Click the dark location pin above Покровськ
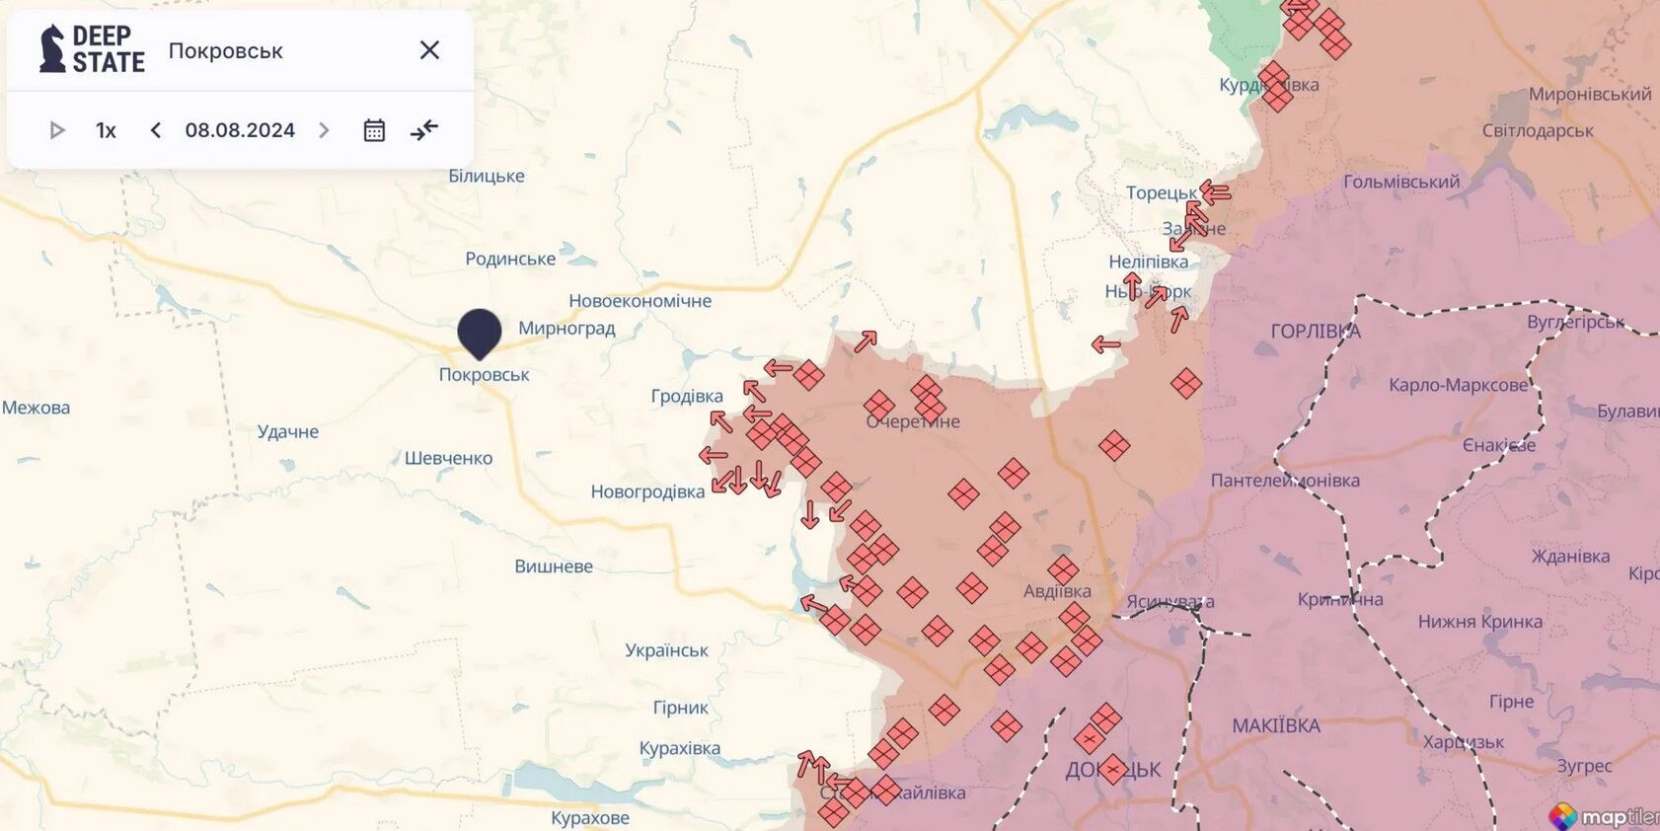coord(480,332)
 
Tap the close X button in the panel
coord(429,50)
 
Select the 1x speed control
coord(106,130)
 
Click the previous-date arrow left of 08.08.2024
coord(155,130)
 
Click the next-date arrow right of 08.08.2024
coord(324,130)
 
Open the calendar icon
coord(374,130)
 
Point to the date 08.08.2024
coord(240,130)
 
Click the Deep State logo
coord(92,49)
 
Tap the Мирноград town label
coord(566,328)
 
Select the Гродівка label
coord(687,396)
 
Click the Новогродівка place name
coord(647,491)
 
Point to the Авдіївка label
coord(1057,591)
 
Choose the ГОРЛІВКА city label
coord(1315,332)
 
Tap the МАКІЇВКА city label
coord(1275,726)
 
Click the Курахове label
coord(590,818)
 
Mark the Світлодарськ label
coord(1537,130)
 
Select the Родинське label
coord(510,259)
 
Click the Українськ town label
coord(666,650)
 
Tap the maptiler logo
coord(1604,816)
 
